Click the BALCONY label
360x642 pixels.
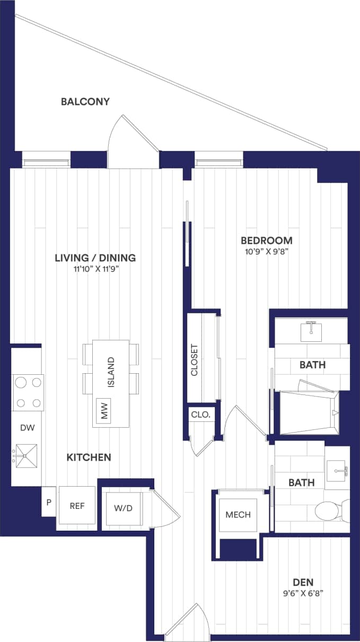point(85,101)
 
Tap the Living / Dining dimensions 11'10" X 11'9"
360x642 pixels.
point(95,269)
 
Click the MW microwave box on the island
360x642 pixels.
point(104,411)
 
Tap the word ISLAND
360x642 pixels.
point(111,373)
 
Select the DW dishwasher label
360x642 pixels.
point(27,428)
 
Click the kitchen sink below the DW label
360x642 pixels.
point(26,456)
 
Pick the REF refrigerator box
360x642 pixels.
point(77,506)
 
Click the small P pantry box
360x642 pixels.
point(48,502)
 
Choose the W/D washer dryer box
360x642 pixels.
point(123,508)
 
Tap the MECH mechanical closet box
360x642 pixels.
point(238,515)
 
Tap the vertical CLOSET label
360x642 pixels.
point(194,360)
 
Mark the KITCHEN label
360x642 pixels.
point(89,457)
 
